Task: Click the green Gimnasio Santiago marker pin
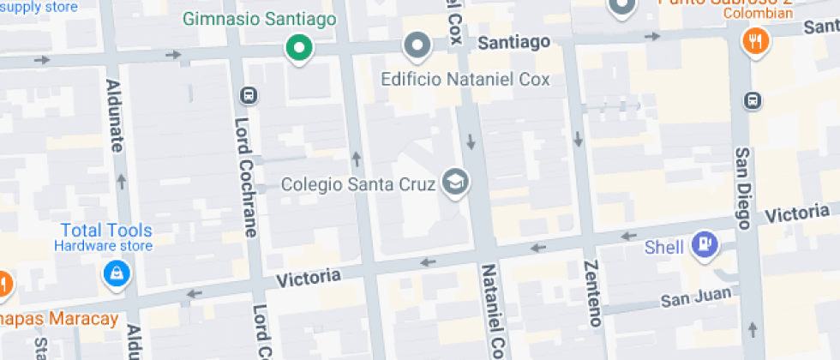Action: tap(298, 49)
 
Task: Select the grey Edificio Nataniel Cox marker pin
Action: tap(417, 45)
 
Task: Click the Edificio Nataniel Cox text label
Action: tap(465, 80)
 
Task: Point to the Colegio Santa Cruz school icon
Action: tap(455, 182)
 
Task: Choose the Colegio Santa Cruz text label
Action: tap(359, 184)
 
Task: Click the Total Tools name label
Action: tap(106, 231)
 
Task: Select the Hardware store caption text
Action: tap(104, 247)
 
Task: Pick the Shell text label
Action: tap(664, 248)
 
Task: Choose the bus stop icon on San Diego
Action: tap(753, 99)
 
